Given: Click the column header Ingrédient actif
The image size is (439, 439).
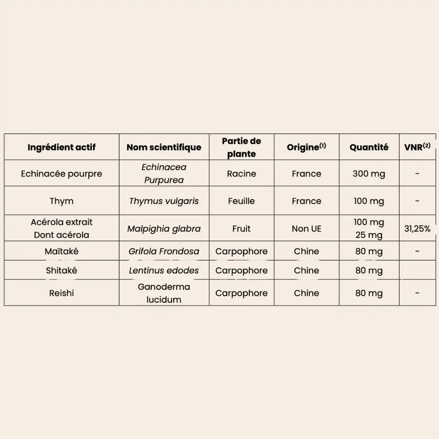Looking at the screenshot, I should click(x=61, y=147).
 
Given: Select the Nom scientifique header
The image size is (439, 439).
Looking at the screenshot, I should click(x=164, y=147).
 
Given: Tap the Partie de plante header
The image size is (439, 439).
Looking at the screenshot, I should click(x=241, y=147).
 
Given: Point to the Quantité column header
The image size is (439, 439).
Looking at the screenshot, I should click(x=369, y=147).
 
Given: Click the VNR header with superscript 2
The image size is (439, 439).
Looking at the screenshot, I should click(x=417, y=147).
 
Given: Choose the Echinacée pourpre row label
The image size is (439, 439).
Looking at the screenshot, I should click(x=61, y=174).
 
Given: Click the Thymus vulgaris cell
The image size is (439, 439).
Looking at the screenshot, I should click(x=164, y=201).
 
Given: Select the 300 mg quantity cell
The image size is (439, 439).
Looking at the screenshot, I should click(x=369, y=174).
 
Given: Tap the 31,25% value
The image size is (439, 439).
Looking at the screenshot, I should click(x=417, y=228).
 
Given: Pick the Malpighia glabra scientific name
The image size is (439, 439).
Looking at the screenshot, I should click(x=164, y=228).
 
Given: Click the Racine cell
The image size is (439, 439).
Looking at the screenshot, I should click(x=241, y=174).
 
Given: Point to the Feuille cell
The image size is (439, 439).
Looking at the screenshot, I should click(x=241, y=201).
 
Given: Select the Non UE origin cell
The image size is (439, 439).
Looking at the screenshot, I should click(x=306, y=228).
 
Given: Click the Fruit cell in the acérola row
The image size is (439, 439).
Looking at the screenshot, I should click(x=241, y=228).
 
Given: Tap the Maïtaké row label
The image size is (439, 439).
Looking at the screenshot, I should click(x=61, y=251).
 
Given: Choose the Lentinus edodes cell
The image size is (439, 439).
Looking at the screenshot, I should click(x=164, y=270).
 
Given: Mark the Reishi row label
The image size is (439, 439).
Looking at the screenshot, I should click(x=61, y=293).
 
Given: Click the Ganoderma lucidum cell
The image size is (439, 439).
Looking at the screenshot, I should click(x=164, y=293).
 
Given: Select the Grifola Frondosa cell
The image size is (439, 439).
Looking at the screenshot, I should click(x=164, y=251).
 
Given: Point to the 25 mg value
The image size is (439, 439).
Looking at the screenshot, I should click(x=369, y=235).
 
